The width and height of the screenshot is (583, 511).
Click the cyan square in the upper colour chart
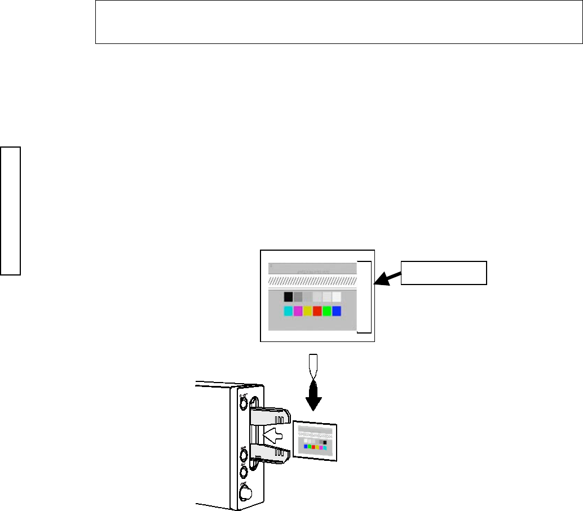[288, 310]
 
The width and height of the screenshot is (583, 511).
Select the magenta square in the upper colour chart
[298, 310]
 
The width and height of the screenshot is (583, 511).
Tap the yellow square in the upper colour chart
[307, 310]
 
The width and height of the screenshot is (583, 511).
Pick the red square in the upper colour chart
[317, 310]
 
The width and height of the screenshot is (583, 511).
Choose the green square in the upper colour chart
[326, 310]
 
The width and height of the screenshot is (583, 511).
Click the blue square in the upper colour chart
[336, 310]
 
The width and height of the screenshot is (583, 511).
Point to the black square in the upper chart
[288, 296]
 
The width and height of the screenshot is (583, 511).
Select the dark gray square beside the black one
[298, 296]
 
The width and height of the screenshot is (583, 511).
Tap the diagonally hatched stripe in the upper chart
[312, 280]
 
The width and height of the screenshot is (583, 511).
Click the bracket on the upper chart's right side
[370, 297]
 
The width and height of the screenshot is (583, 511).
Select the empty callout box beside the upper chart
[443, 273]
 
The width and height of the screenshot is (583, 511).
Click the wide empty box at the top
[338, 23]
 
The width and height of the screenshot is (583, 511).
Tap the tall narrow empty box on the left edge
[11, 211]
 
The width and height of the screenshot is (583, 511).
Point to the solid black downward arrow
[313, 398]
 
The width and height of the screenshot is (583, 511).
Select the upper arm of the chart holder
[271, 416]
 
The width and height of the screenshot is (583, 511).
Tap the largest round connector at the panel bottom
[246, 494]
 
